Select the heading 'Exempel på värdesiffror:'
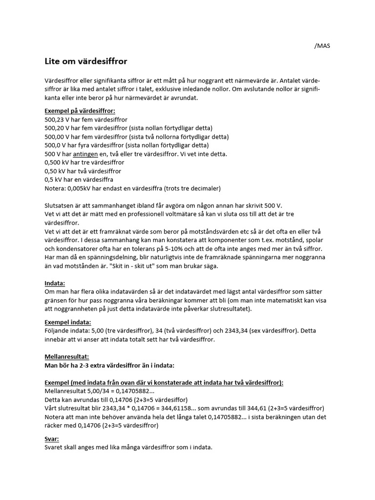(80, 111)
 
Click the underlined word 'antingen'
(85, 154)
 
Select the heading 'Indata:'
(55, 283)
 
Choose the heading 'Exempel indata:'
(67, 322)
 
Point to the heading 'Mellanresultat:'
(66, 356)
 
